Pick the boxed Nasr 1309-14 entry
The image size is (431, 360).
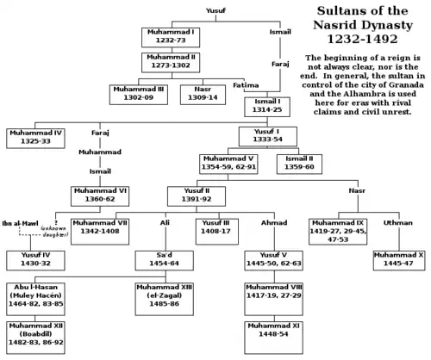point(203,93)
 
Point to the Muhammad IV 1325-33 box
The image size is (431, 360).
point(35,137)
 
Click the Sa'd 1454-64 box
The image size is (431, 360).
point(163,259)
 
